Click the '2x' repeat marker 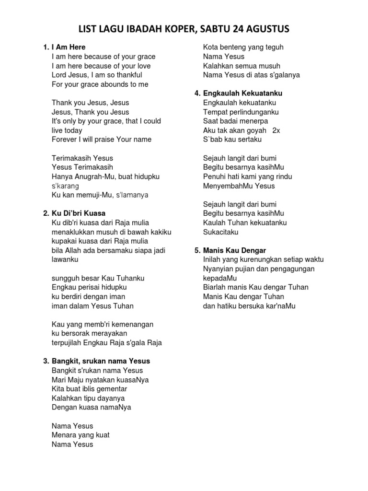click(276, 130)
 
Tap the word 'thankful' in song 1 click(127, 75)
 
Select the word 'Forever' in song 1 click(64, 140)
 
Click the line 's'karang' click(66, 186)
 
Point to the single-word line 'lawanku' click(65, 259)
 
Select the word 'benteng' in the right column click(233, 47)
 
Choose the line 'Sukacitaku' click(220, 232)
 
